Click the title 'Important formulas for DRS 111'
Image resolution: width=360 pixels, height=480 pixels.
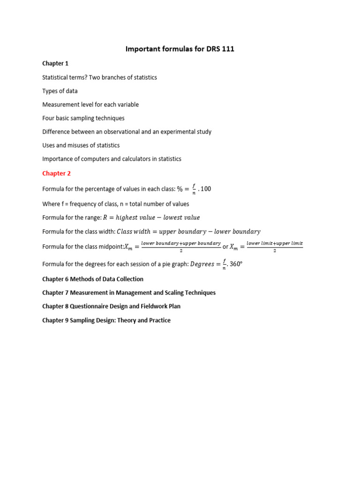180,49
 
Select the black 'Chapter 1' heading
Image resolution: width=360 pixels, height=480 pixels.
55,63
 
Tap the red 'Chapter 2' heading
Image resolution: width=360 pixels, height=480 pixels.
56,173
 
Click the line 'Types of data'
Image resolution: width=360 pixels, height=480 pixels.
60,91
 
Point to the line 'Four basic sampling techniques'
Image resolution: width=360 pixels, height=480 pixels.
83,118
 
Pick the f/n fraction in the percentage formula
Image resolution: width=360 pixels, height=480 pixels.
194,189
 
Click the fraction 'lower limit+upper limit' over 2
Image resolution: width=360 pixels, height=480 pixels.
275,247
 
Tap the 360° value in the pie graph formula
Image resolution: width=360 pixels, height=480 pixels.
235,264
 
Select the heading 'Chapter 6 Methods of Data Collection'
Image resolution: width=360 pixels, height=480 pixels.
93,279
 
